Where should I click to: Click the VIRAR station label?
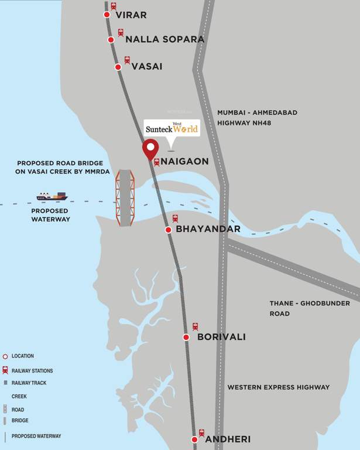click(131, 15)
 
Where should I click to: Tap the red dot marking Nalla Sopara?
click(111, 40)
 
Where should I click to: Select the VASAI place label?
click(146, 66)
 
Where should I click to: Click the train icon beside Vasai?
click(127, 60)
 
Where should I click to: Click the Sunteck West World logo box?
click(172, 128)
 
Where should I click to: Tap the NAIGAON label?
click(185, 161)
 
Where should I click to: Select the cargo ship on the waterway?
click(52, 196)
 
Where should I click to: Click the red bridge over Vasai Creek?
click(125, 198)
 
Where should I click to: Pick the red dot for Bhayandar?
click(168, 230)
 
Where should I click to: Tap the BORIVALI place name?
click(221, 337)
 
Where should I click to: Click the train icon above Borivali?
click(196, 326)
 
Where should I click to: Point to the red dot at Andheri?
click(195, 439)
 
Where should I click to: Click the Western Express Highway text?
click(279, 387)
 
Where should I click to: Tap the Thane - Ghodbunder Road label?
click(310, 308)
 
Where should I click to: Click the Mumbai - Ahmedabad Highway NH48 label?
click(257, 117)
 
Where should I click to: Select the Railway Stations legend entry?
click(32, 371)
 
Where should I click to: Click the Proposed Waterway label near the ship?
click(50, 215)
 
